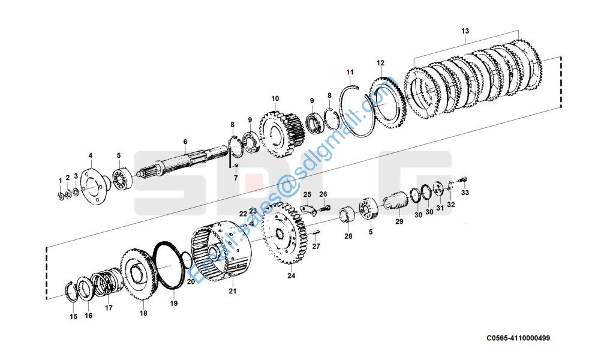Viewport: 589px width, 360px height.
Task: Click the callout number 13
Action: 465,31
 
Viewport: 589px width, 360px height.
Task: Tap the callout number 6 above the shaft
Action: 185,142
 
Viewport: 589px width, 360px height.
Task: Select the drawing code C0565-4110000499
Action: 518,338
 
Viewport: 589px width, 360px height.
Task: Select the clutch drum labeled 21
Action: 219,251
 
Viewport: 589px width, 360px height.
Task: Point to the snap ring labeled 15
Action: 72,293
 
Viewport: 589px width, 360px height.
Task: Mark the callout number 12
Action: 380,62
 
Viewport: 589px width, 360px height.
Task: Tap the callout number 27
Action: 316,246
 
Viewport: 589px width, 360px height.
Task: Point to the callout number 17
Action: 109,308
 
